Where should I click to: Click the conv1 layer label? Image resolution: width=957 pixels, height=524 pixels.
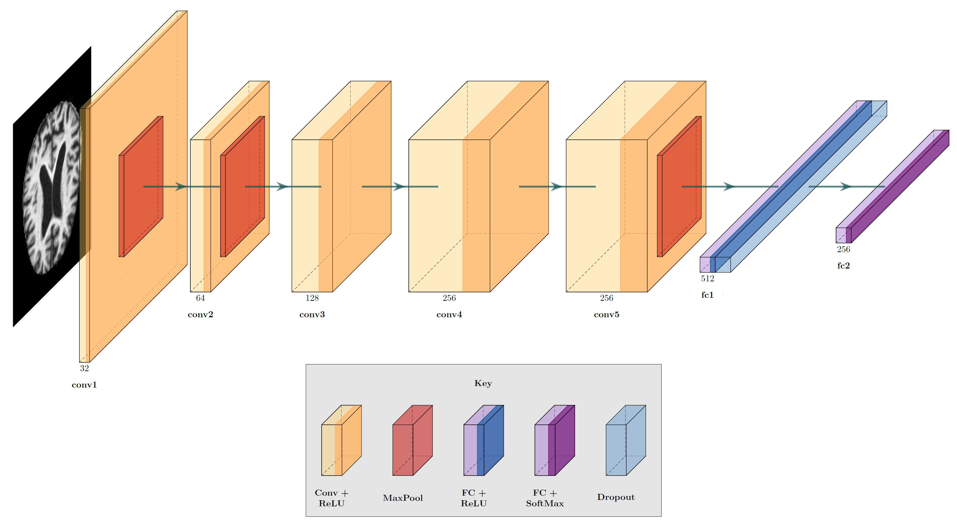[x=84, y=385]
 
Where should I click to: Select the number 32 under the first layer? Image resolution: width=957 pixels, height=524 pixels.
[x=84, y=368]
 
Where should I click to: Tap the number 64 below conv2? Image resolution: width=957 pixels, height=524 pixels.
[x=200, y=298]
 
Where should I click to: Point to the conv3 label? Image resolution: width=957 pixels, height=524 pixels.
[x=312, y=315]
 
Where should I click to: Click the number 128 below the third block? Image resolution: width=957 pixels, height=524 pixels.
[x=312, y=298]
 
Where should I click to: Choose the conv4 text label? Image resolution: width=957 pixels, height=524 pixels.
[x=449, y=315]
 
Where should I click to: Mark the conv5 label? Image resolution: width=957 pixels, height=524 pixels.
[x=606, y=315]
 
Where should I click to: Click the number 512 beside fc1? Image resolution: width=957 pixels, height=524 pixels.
[x=707, y=279]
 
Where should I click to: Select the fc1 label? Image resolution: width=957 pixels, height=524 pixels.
[x=707, y=295]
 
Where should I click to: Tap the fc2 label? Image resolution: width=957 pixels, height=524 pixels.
[x=843, y=266]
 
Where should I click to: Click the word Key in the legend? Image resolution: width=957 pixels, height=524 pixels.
[x=483, y=383]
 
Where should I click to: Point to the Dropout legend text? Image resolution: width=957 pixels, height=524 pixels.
[x=616, y=497]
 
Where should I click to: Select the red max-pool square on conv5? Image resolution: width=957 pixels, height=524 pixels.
[x=679, y=186]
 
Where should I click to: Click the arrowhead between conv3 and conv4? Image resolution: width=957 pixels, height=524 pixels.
[x=399, y=186]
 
